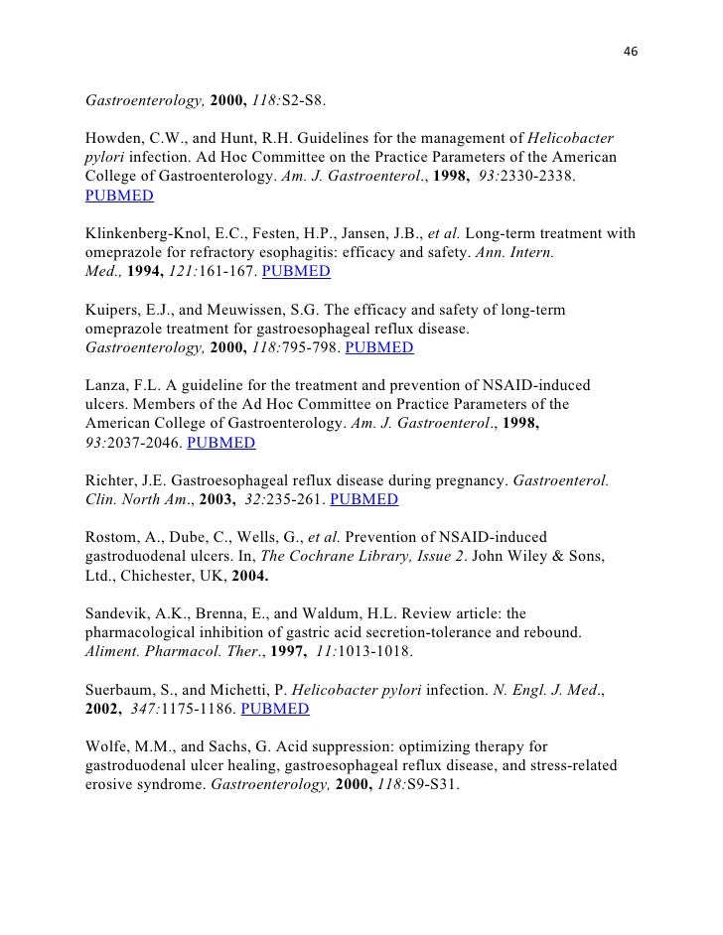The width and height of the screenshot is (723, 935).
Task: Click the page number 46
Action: (629, 52)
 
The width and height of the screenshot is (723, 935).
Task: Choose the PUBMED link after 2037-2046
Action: (220, 443)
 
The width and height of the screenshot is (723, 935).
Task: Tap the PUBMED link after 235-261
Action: (363, 499)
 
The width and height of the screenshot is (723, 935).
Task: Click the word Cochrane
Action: (325, 556)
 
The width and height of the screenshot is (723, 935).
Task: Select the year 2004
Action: (250, 575)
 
